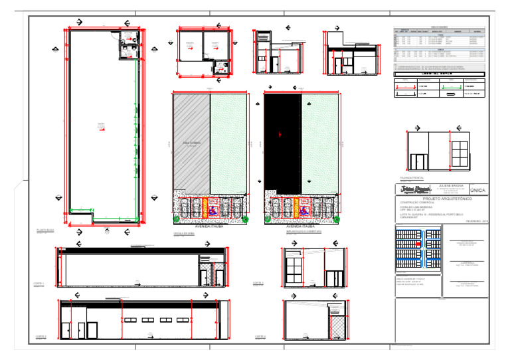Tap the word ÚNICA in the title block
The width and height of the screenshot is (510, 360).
tap(478, 189)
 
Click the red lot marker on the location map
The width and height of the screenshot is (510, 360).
tap(418, 244)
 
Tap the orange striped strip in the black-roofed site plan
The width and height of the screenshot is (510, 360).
tap(296, 206)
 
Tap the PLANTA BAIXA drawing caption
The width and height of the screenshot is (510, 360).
tap(45, 230)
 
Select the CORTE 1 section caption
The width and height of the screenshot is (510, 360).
tap(39, 284)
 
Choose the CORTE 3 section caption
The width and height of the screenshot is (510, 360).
tap(259, 284)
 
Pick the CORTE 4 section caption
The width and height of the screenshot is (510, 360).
tap(259, 337)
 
